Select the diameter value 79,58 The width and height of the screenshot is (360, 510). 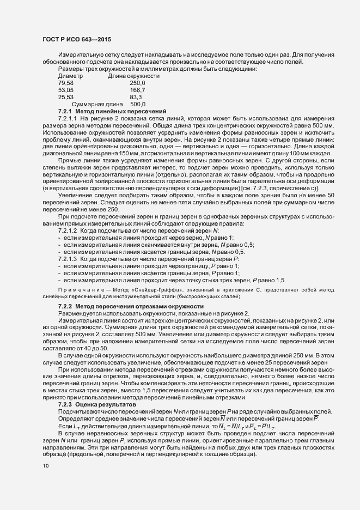click(66, 82)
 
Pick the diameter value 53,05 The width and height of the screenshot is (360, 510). click(66, 89)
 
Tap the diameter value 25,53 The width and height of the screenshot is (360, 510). click(66, 96)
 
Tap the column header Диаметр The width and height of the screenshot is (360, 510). click(70, 76)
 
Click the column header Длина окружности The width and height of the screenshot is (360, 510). click(133, 76)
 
